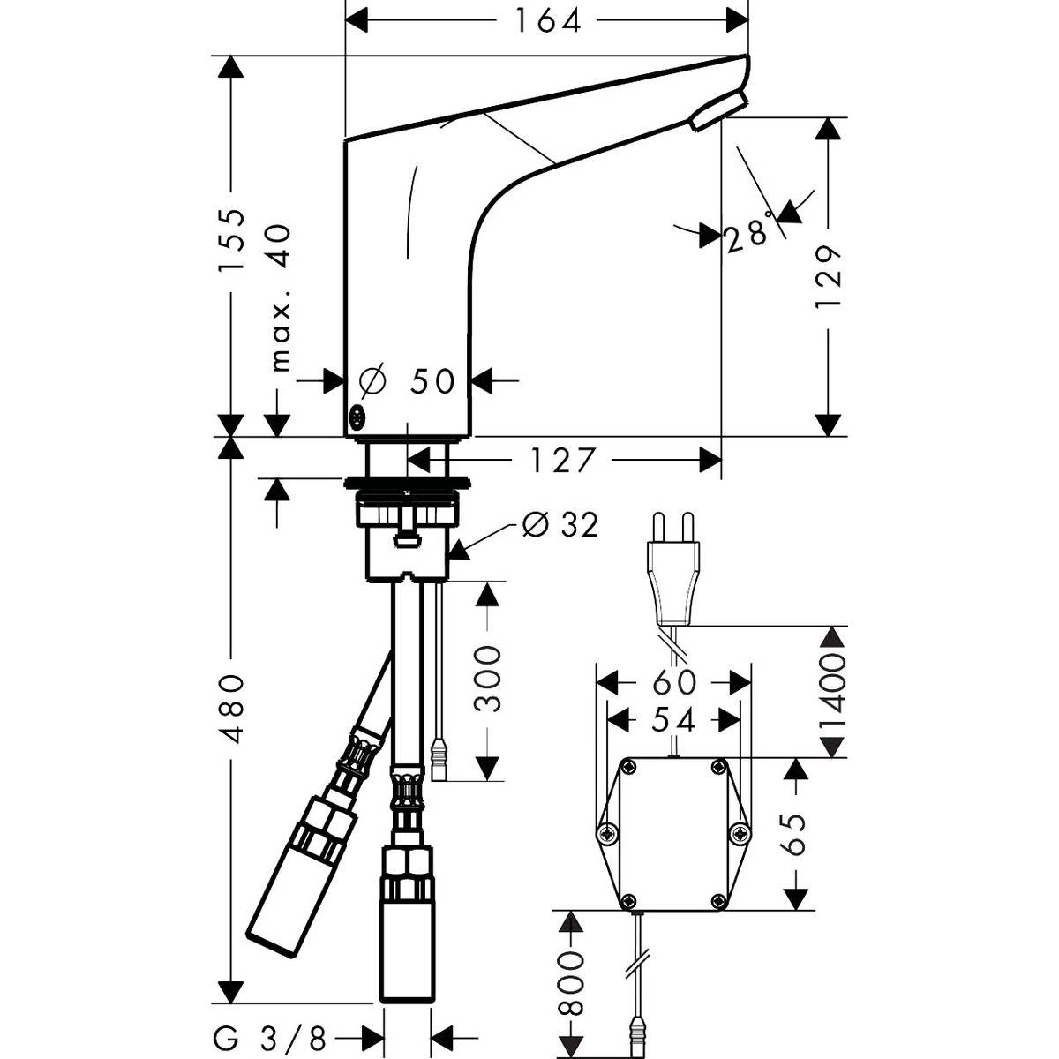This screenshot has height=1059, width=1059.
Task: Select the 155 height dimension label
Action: point(231,239)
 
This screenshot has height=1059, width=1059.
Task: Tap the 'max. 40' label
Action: point(281,297)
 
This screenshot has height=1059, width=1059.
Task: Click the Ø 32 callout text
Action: point(560,525)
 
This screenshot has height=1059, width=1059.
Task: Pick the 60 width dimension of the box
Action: point(675,682)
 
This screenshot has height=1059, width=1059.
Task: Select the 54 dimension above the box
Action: point(675,719)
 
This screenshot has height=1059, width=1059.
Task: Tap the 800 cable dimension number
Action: point(573,983)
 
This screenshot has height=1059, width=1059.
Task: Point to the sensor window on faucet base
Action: point(358,417)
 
